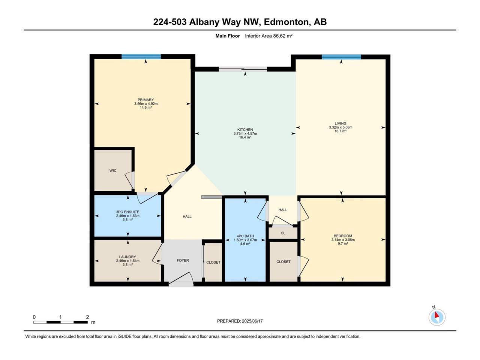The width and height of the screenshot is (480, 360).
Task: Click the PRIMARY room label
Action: coord(145,100)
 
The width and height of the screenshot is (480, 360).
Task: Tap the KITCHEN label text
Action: coord(245,130)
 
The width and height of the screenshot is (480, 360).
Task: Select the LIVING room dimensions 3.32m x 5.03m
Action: coord(340,127)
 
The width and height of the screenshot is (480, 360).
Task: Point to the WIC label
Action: coord(113,171)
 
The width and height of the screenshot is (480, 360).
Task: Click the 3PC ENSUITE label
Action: coord(127,212)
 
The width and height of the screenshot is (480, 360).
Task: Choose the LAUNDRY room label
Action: coord(127,257)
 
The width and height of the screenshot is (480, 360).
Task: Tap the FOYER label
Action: coord(183,260)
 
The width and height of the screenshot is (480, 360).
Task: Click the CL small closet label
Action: coord(283,233)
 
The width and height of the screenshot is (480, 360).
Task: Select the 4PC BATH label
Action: coord(245,236)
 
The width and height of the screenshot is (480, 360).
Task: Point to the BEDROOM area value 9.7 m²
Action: coord(343,243)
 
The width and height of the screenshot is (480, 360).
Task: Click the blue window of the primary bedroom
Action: coord(141,57)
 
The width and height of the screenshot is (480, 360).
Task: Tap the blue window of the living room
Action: coord(341,57)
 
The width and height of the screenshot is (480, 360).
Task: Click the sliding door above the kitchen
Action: coord(243,69)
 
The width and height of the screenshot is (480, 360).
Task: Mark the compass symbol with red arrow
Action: coord(437,317)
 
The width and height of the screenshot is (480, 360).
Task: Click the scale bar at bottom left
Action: coord(60,322)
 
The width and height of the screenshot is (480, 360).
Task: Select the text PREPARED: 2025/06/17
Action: coord(240,321)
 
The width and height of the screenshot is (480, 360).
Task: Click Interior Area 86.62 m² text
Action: coord(268,36)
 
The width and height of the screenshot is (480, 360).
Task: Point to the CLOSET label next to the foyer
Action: coord(213,262)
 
